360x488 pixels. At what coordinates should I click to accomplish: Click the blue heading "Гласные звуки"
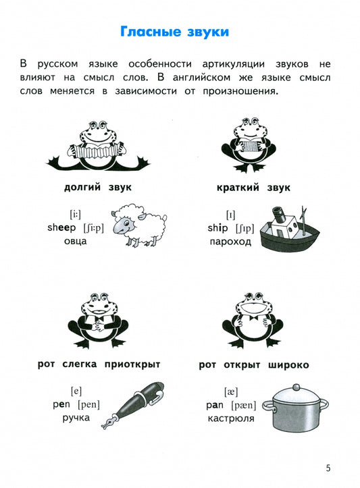coord(174,32)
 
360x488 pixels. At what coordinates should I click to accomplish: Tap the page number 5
coord(328,468)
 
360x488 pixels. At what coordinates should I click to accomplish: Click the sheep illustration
coord(138,224)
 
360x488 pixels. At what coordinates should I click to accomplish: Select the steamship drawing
coord(289,229)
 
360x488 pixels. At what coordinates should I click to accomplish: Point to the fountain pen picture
coord(133,405)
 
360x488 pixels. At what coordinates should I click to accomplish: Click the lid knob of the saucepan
coord(296,387)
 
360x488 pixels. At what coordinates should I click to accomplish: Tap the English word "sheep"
coord(61,227)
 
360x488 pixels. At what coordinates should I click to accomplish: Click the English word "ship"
coord(217,228)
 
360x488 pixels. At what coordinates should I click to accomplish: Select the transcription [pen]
coord(88,404)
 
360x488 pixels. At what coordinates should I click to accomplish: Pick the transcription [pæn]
coord(244,405)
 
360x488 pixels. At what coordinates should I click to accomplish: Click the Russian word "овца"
coord(76,241)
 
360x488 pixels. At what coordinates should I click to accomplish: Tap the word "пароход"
coord(230,242)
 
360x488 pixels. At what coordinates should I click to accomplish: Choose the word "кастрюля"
coord(231,418)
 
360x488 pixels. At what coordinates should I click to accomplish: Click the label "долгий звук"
coord(98,188)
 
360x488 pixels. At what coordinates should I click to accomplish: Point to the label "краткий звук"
coord(253,188)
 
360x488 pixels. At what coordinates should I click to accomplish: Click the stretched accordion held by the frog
coord(97,152)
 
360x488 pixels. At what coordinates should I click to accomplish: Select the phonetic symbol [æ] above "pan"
coord(231,391)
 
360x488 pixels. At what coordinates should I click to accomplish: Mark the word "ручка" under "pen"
coord(76,418)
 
